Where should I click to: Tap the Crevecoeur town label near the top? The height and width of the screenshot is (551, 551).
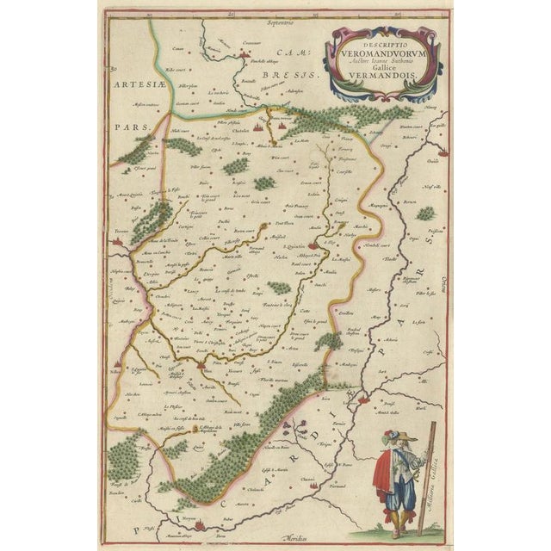(251, 43)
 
